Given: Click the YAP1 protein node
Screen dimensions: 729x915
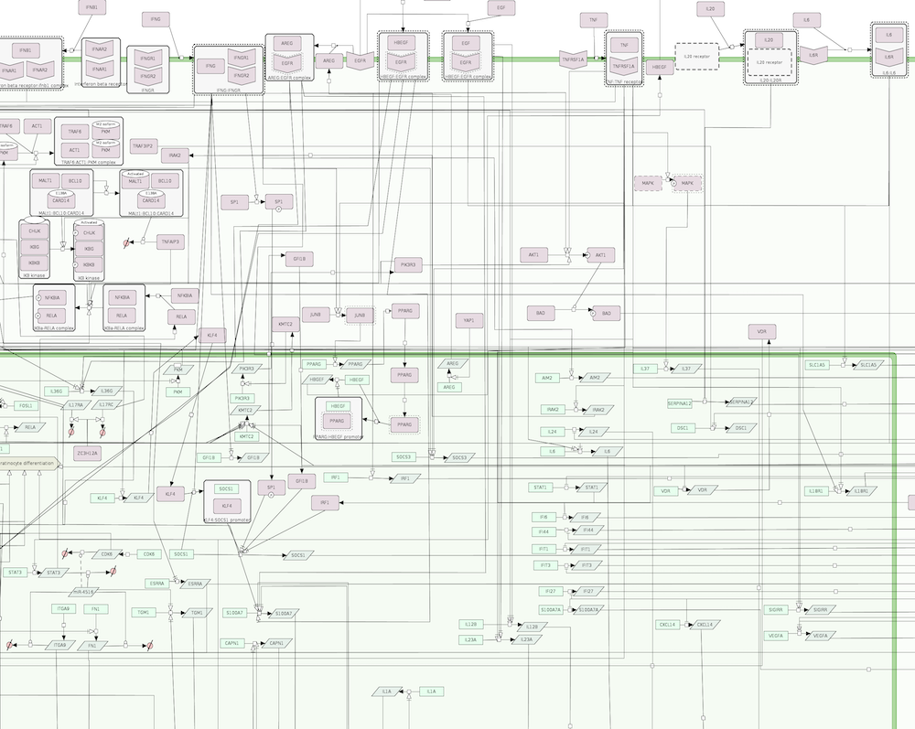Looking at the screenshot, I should (468, 320).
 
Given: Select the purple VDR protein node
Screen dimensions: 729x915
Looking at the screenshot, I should (761, 332).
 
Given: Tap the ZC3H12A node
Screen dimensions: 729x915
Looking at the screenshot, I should (88, 453).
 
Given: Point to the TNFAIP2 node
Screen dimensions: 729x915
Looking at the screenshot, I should (145, 145).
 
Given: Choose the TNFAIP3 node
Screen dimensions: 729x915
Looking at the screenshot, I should (171, 242).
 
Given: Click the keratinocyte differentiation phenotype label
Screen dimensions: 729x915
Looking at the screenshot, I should (27, 465).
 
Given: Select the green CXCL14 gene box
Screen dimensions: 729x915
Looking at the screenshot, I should (667, 625).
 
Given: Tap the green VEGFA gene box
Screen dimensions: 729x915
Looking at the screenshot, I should (776, 635).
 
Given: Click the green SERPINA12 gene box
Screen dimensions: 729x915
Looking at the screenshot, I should (680, 402).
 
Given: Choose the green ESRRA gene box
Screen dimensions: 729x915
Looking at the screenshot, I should (157, 583).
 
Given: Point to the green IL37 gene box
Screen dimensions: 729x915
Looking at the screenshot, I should (645, 369).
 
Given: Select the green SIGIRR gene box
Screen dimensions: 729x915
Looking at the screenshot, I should (776, 609).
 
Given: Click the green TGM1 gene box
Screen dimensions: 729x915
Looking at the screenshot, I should (144, 612).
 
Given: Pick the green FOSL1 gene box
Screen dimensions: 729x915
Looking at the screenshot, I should (26, 405).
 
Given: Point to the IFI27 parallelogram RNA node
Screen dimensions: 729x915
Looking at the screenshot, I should (589, 591).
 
